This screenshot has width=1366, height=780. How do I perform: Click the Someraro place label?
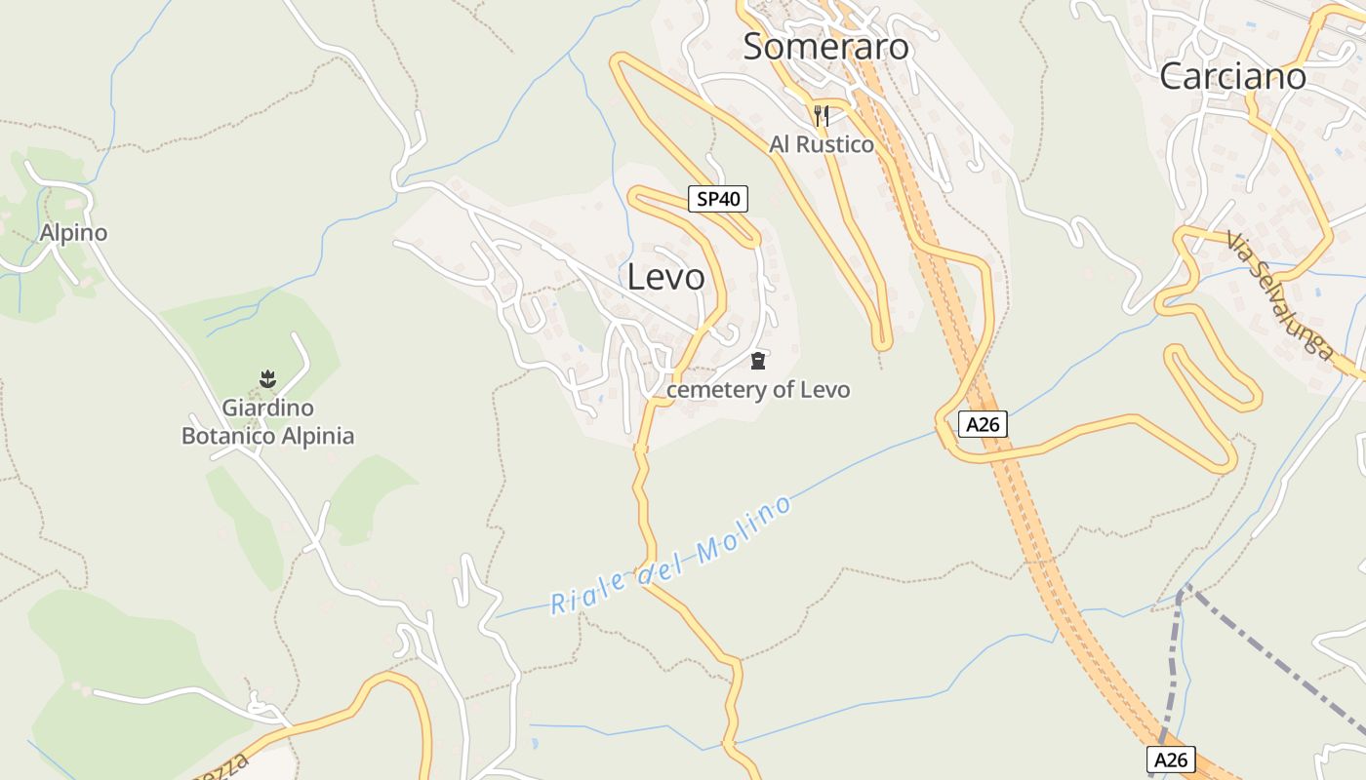pos(825,47)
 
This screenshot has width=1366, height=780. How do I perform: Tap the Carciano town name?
pos(1232,77)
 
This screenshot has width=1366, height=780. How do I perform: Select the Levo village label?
pos(665,277)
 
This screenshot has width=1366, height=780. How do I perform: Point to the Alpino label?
pos(73,233)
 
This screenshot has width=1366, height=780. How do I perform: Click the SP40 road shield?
pos(717,199)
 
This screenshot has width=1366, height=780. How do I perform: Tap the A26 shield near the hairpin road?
pos(982,424)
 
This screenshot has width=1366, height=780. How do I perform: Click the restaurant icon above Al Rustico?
pos(821,116)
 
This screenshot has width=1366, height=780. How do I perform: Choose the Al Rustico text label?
pos(822,144)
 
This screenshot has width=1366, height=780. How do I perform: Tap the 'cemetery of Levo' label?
pos(758,390)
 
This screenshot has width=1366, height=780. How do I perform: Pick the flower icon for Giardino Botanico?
pos(267,378)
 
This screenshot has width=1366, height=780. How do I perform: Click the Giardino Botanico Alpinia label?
pos(267,421)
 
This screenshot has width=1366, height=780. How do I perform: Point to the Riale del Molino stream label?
pos(670,557)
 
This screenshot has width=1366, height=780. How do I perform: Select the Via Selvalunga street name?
pos(1279,296)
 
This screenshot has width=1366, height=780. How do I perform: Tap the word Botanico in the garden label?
pos(228,436)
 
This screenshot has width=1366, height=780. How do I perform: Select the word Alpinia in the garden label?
pos(317,436)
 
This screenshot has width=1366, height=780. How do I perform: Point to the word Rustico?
pos(834,144)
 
